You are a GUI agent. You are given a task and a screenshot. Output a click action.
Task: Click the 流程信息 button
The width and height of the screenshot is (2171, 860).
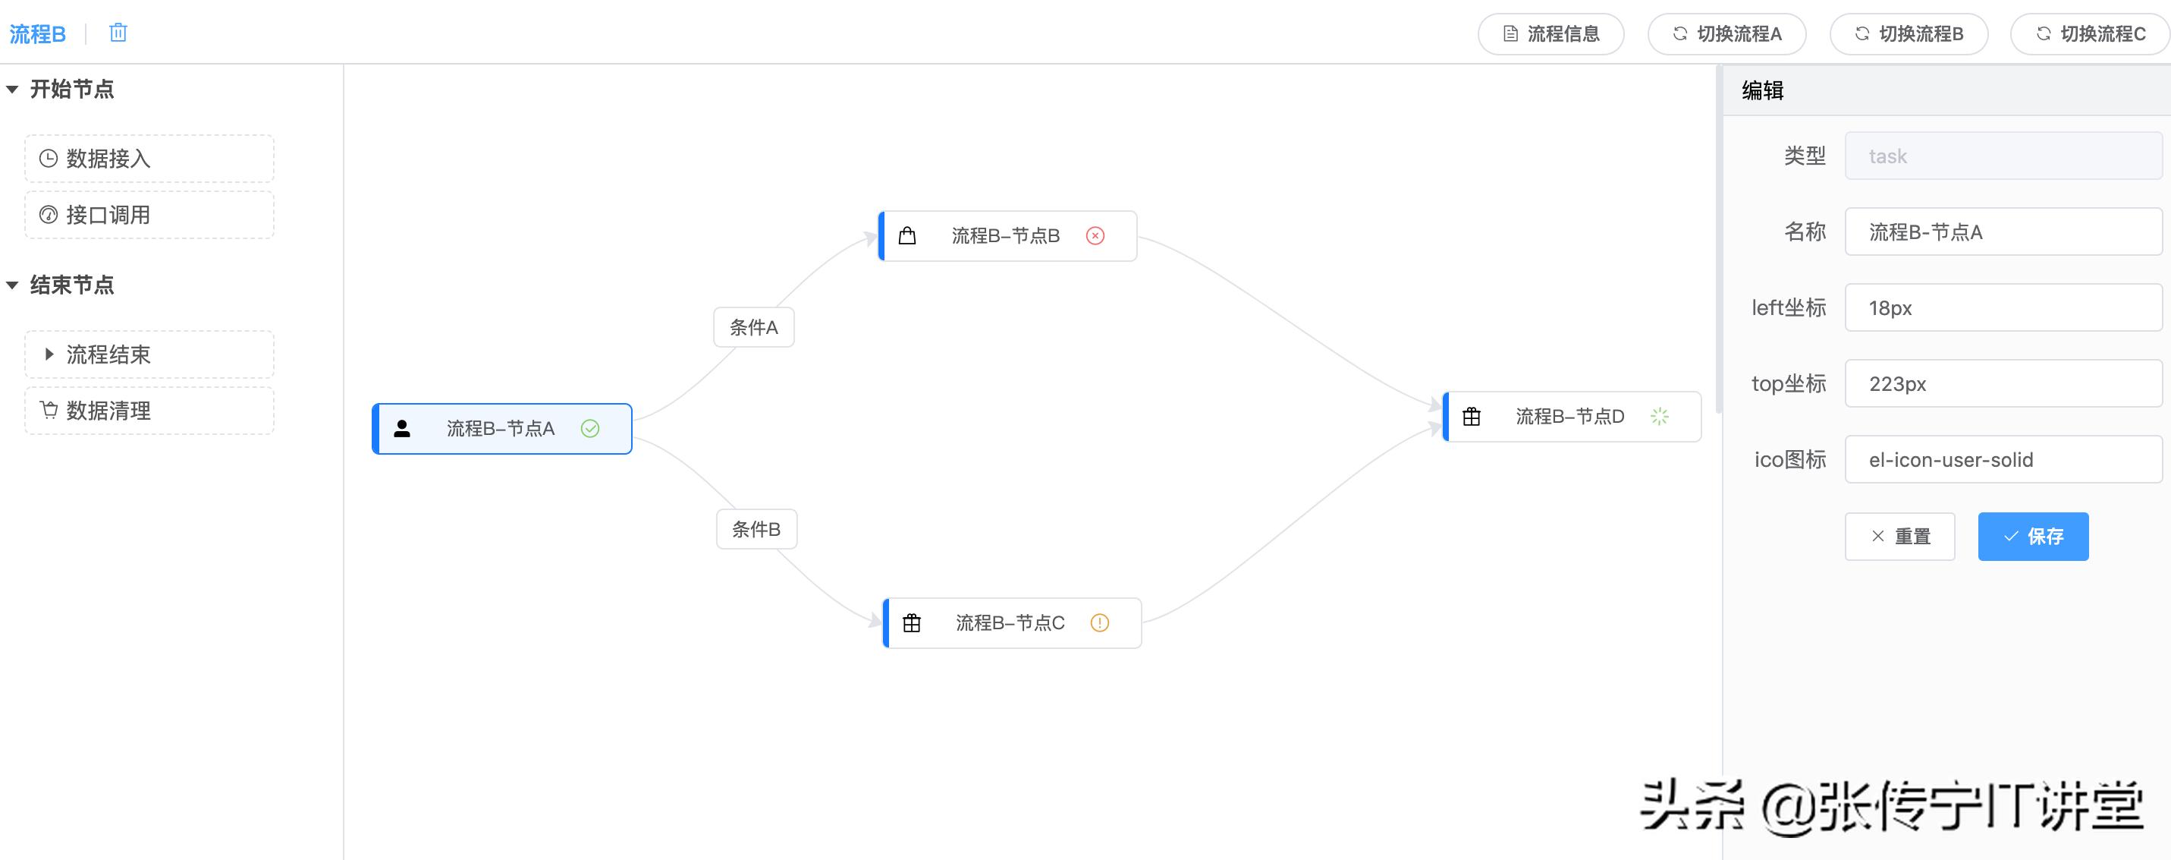click(1550, 33)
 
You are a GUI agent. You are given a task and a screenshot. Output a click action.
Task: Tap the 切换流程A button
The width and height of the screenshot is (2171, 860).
click(1726, 33)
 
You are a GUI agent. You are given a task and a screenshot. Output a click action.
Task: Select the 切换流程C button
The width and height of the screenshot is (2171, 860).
click(2090, 33)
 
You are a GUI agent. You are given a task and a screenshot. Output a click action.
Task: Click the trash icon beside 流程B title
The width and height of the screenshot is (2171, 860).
click(118, 33)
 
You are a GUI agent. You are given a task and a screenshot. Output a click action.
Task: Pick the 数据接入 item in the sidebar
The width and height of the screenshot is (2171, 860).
click(149, 159)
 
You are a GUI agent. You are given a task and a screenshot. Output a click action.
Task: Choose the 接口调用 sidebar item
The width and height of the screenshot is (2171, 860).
click(149, 215)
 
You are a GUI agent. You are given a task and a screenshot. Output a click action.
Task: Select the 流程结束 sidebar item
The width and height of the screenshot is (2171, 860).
click(149, 354)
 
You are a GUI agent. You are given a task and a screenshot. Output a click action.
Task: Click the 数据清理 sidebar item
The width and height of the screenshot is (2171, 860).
click(149, 411)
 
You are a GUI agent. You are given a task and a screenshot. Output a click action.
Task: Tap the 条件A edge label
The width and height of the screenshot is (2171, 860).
click(754, 327)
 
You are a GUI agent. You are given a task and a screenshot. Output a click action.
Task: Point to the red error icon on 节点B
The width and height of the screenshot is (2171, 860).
click(1095, 236)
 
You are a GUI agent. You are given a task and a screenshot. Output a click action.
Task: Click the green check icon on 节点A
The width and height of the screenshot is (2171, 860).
click(590, 429)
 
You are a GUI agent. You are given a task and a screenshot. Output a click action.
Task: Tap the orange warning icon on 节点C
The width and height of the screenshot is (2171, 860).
click(1100, 623)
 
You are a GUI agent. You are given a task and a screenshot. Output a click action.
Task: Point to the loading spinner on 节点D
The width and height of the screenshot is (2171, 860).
click(1660, 417)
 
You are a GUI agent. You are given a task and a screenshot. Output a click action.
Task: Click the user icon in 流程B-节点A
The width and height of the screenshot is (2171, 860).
click(402, 429)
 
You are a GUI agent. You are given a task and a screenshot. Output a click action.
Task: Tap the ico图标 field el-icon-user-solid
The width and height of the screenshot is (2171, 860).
click(2003, 459)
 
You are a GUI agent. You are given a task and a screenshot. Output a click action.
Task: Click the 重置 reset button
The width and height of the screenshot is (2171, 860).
click(1899, 536)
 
